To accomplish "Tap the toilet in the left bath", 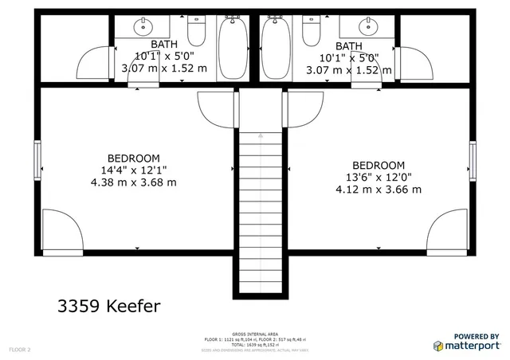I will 197,32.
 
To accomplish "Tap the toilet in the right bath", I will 312,32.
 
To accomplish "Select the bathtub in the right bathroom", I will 276,48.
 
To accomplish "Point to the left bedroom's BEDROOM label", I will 134,158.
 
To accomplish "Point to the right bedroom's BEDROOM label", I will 379,165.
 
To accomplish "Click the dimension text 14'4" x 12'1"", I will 134,170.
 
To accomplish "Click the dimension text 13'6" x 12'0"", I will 379,177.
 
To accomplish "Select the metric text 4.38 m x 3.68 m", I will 134,182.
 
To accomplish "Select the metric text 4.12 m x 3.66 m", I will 379,189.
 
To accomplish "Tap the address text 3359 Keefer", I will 109,305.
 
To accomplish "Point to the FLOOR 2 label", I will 19,350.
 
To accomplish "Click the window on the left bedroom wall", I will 37,160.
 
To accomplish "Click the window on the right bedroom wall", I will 473,161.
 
